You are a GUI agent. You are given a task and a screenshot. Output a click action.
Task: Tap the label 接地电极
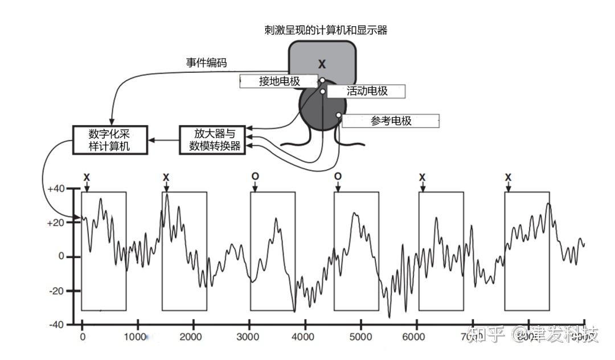pyautogui.click(x=279, y=81)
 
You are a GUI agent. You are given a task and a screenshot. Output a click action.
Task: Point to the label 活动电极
pyautogui.click(x=367, y=91)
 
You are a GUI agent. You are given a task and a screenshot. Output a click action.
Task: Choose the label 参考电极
pyautogui.click(x=391, y=121)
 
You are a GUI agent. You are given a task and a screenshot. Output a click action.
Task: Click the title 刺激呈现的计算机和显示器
pyautogui.click(x=326, y=30)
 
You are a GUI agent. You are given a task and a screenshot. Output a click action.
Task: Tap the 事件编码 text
pyautogui.click(x=206, y=63)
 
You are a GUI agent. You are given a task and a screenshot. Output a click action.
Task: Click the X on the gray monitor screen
pyautogui.click(x=322, y=64)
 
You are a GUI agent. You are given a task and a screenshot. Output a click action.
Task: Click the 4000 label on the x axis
pyautogui.click(x=305, y=337)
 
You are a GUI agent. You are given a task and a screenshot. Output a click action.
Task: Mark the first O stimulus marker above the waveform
pyautogui.click(x=255, y=177)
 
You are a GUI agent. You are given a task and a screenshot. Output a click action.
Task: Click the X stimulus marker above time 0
pyautogui.click(x=87, y=177)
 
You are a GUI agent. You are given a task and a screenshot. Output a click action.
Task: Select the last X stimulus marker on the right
pyautogui.click(x=508, y=177)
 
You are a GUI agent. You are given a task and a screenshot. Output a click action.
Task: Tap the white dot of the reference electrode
pyautogui.click(x=338, y=115)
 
